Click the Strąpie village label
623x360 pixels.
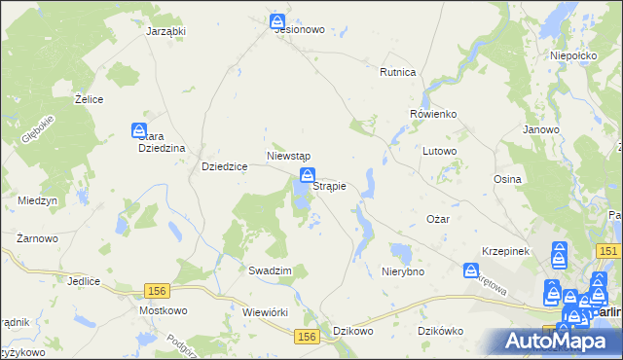[x=330, y=186]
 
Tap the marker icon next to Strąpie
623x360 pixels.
[x=307, y=176]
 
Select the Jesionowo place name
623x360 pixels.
[x=299, y=30]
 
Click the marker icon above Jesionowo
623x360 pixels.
[x=278, y=19]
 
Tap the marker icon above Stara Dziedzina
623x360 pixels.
[x=140, y=129]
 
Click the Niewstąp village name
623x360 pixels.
[x=288, y=156]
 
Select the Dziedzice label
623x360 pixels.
[x=224, y=166]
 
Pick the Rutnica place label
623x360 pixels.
[x=398, y=73]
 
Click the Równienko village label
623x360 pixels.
[x=433, y=114]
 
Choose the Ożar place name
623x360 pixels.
[x=438, y=219]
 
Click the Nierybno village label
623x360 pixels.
[x=403, y=271]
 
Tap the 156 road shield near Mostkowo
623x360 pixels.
[x=157, y=290]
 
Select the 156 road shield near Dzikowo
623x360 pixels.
[x=308, y=336]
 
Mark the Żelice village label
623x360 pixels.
[x=90, y=99]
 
